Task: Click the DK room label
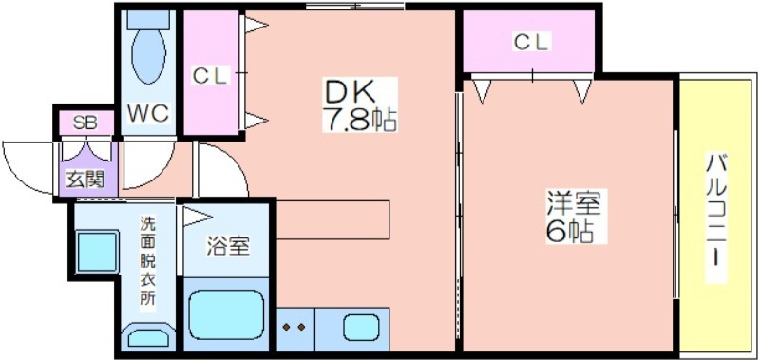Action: coord(350,91)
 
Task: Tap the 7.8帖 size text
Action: coord(360,120)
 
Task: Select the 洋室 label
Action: coord(574,204)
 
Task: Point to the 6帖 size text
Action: coord(569,232)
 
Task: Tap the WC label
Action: coord(148,113)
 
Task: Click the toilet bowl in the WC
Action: coord(148,56)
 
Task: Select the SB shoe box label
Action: coord(85,123)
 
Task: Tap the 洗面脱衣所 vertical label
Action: coord(148,260)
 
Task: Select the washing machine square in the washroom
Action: coord(98,252)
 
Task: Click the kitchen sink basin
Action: coord(361,327)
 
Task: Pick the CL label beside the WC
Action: coord(209,76)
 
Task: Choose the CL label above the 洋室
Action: coord(531,43)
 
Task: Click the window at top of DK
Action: coord(355,7)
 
